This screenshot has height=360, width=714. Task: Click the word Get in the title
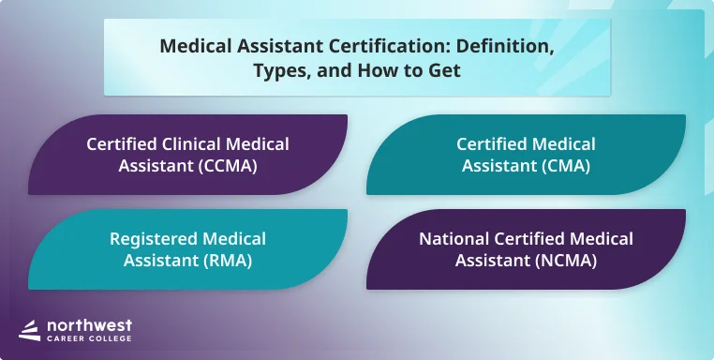pyautogui.click(x=444, y=70)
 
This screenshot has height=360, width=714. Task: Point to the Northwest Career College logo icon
pyautogui.click(x=29, y=330)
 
